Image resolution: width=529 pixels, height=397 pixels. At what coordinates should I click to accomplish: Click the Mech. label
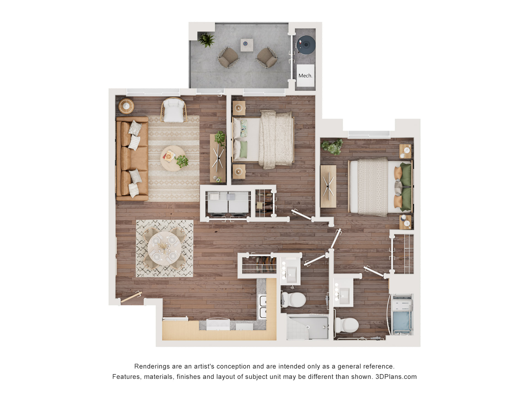[305, 76]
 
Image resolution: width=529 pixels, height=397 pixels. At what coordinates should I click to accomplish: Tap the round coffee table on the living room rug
[173, 159]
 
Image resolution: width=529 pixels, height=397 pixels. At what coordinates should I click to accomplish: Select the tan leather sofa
[132, 159]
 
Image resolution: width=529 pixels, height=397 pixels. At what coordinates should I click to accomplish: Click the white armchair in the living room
[174, 110]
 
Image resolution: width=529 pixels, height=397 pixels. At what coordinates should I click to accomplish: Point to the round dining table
[164, 248]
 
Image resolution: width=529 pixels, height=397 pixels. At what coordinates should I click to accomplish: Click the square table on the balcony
[247, 45]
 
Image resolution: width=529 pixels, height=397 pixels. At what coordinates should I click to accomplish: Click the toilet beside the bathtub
[293, 300]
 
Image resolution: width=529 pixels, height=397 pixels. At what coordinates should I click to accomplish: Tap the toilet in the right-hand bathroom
[347, 325]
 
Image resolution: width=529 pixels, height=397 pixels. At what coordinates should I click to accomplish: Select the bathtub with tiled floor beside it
[307, 327]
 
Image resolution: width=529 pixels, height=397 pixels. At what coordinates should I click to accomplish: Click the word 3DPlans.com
[396, 377]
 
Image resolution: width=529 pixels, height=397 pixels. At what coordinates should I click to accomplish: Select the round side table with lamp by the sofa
[126, 106]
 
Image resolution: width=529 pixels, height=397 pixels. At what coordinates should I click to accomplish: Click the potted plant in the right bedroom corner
[333, 147]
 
